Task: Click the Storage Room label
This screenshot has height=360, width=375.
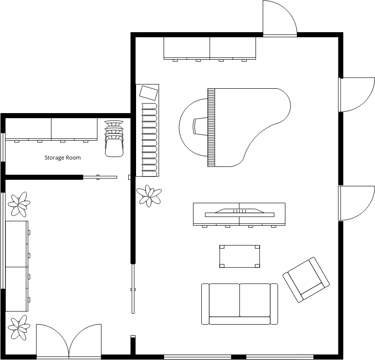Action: [62, 158]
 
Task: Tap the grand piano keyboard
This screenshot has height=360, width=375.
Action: [211, 127]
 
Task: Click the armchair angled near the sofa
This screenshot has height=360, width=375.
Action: [306, 280]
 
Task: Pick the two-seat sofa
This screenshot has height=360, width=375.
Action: [239, 304]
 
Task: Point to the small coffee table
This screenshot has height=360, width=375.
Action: [239, 256]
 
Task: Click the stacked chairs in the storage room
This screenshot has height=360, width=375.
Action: [114, 138]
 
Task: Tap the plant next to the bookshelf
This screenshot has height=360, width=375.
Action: [149, 196]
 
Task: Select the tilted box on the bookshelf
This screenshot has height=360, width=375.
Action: [149, 93]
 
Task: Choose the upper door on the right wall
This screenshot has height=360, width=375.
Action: [356, 95]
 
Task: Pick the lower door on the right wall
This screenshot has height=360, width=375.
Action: [356, 203]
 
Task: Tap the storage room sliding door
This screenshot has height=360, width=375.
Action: [100, 177]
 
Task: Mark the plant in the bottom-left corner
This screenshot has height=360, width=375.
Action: [19, 327]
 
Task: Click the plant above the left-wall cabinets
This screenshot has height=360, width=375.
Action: [19, 204]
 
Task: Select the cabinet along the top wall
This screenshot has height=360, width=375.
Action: [210, 49]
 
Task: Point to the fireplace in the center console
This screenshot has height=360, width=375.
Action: [239, 213]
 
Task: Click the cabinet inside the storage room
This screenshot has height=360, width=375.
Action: [51, 130]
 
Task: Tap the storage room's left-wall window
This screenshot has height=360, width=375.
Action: [3, 147]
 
